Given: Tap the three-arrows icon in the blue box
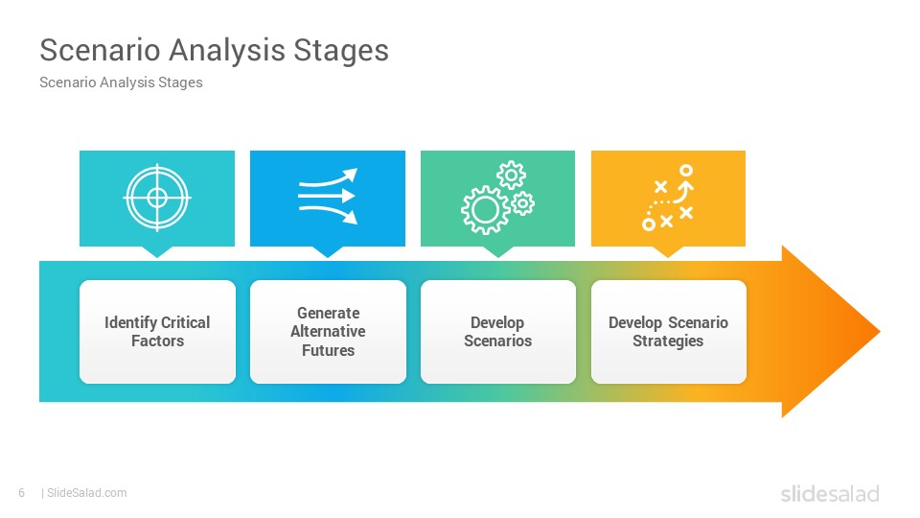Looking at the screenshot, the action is coord(328,196).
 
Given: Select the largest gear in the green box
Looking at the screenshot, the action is coord(485,210).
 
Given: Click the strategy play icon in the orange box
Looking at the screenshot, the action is coord(668,198).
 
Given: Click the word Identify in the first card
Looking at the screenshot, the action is coord(130,323).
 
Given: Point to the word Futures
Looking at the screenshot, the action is coord(328,351).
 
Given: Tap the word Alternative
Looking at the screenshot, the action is coord(328,331).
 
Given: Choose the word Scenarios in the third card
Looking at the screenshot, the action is coord(497,341).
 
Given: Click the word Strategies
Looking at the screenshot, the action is coord(668,341).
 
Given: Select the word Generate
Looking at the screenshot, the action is coord(328,313).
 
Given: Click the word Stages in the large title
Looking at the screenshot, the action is coord(341,51).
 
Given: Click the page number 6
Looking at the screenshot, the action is coord(22,493).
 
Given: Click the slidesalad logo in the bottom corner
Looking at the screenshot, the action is coord(830,493).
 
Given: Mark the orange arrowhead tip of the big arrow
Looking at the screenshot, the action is coord(880,332).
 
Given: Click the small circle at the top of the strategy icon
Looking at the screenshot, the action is coord(686,171).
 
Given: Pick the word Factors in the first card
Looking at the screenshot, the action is coord(157,341).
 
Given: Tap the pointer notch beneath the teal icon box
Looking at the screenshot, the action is coord(156,252).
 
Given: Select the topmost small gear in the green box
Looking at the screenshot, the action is coord(511,175).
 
